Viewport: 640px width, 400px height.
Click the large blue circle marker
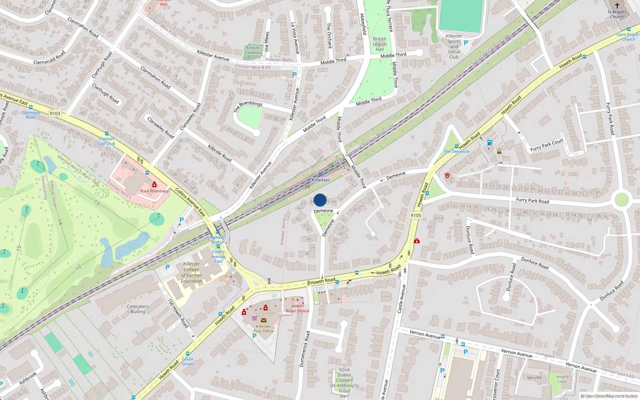click(320, 200)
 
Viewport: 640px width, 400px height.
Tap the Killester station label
click(321, 180)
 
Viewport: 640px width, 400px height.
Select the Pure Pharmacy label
click(154, 191)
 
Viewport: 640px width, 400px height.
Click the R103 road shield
click(55, 114)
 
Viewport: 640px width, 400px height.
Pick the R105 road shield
click(416, 215)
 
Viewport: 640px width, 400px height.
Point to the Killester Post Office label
click(263, 329)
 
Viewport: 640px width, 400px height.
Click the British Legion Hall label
click(380, 44)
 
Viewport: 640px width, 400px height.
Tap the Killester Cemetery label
click(253, 50)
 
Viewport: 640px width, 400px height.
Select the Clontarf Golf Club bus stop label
click(106, 141)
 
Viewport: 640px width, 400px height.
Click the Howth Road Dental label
click(297, 308)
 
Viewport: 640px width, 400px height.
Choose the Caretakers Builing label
click(138, 309)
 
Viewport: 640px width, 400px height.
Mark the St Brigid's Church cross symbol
click(617, 5)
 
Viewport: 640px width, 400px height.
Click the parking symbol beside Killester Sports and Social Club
click(466, 43)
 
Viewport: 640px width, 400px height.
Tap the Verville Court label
click(562, 379)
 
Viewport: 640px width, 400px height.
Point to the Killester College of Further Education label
click(191, 272)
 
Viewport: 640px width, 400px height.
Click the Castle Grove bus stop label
click(188, 361)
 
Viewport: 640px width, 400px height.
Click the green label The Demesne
click(456, 152)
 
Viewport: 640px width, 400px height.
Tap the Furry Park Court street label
click(546, 145)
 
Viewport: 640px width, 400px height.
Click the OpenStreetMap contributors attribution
click(609, 396)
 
